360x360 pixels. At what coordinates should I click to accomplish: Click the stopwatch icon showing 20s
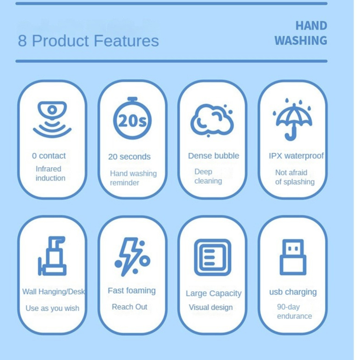(x=132, y=118)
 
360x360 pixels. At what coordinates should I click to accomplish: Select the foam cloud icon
(x=212, y=120)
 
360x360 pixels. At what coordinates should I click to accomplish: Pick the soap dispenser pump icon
(x=52, y=256)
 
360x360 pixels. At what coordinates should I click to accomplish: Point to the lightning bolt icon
(x=130, y=257)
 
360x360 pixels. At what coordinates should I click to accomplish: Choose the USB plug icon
(x=293, y=257)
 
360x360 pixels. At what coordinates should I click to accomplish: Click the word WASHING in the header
(x=301, y=41)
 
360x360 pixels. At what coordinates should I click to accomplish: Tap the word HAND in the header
(x=311, y=26)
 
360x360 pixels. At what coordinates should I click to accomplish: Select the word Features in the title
(x=126, y=41)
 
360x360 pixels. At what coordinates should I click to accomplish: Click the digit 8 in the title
(x=22, y=41)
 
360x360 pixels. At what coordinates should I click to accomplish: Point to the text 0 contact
(x=48, y=156)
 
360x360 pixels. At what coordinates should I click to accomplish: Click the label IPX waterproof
(x=296, y=156)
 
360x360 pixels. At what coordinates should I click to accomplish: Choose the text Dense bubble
(x=214, y=156)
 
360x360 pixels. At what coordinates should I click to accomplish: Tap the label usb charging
(x=293, y=292)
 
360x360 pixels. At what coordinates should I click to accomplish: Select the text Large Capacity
(x=214, y=294)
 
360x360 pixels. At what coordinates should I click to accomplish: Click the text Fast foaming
(x=132, y=291)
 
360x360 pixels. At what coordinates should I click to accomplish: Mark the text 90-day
(x=288, y=307)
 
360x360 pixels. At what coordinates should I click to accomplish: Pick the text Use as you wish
(x=52, y=308)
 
